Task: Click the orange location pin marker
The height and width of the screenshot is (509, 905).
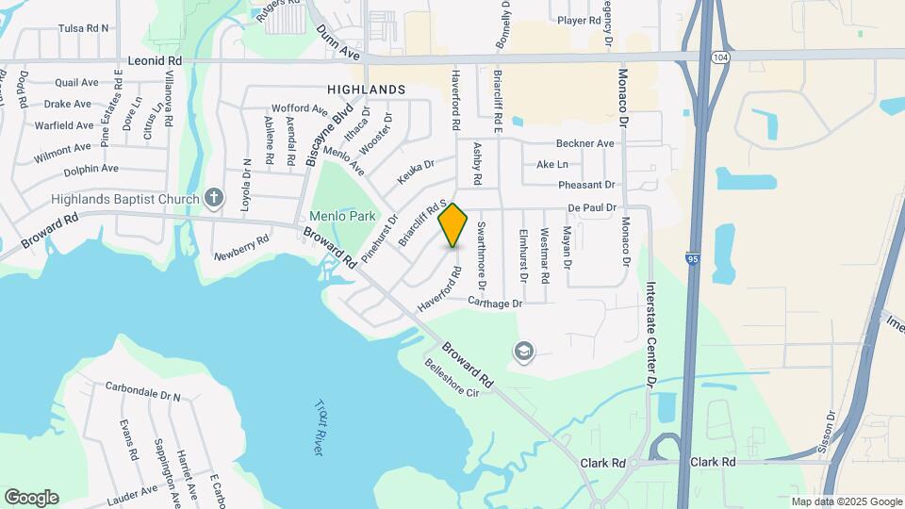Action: pos(453,225)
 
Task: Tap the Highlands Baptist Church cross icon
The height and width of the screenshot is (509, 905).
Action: pos(215,198)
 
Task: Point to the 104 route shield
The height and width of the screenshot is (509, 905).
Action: pos(719,57)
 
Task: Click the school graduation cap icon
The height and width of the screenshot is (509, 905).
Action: pos(522,353)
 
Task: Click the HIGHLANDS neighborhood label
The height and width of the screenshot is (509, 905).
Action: pos(366,90)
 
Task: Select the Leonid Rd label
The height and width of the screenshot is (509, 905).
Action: pos(155,59)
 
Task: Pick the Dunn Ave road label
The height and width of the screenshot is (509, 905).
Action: pos(338,41)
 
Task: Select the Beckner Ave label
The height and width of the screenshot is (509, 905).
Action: pos(584,143)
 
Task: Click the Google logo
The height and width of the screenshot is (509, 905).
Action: pos(31,498)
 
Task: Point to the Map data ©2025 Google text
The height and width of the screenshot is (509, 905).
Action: pos(846,501)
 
